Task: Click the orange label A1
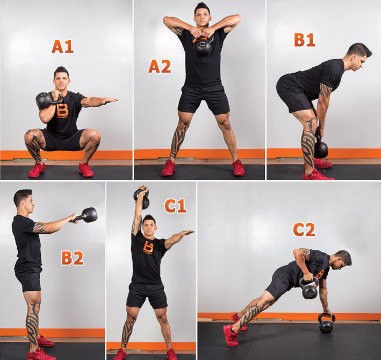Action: point(63,46)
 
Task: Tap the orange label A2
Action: point(160,67)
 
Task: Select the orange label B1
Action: point(305,40)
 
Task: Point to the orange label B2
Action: point(73,258)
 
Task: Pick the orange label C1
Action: point(175,206)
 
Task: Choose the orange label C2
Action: point(304,229)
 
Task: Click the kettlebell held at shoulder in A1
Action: point(46,100)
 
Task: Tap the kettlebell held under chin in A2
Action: point(203,45)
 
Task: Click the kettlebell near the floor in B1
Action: point(321,148)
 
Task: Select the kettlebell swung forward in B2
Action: point(88,215)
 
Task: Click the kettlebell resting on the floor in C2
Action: point(326,323)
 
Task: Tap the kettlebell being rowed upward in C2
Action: point(309,289)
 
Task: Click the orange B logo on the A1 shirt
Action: point(63,111)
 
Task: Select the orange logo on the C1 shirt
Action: point(148,247)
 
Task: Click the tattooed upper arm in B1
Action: point(325,92)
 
